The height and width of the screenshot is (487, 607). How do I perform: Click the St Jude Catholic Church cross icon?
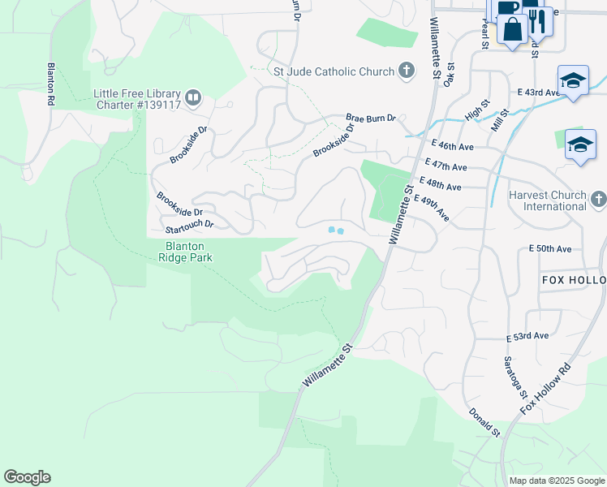(x=407, y=71)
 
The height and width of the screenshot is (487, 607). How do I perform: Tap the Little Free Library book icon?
(x=193, y=98)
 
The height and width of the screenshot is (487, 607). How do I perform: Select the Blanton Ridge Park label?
(x=185, y=252)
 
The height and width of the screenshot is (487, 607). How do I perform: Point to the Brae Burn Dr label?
(x=370, y=118)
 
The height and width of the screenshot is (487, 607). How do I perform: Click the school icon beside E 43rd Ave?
(x=573, y=81)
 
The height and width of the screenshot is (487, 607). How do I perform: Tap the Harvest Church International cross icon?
(x=598, y=200)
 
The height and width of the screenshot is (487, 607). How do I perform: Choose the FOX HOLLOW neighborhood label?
(x=573, y=280)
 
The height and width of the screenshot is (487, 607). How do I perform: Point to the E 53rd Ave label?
(x=527, y=336)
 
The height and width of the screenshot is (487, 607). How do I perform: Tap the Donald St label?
(x=484, y=422)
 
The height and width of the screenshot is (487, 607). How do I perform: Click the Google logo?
(x=27, y=477)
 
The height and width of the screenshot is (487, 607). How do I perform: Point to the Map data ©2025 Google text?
(x=556, y=481)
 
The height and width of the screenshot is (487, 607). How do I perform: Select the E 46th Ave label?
(x=453, y=146)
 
